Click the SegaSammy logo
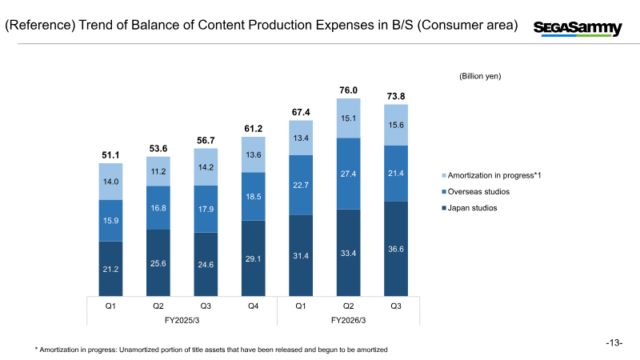[578, 28]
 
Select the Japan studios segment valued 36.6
[396, 248]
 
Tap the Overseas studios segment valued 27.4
[348, 174]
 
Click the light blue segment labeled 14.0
[110, 182]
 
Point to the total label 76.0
[348, 90]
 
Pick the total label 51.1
[110, 155]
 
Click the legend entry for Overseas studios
[478, 191]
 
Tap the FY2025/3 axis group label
[182, 320]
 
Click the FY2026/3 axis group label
[349, 320]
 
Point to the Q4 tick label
[253, 305]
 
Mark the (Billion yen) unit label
[479, 76]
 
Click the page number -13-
[614, 343]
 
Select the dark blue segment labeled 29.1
[253, 258]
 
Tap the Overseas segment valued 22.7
[301, 185]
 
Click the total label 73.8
[396, 96]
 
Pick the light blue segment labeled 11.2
[158, 171]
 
